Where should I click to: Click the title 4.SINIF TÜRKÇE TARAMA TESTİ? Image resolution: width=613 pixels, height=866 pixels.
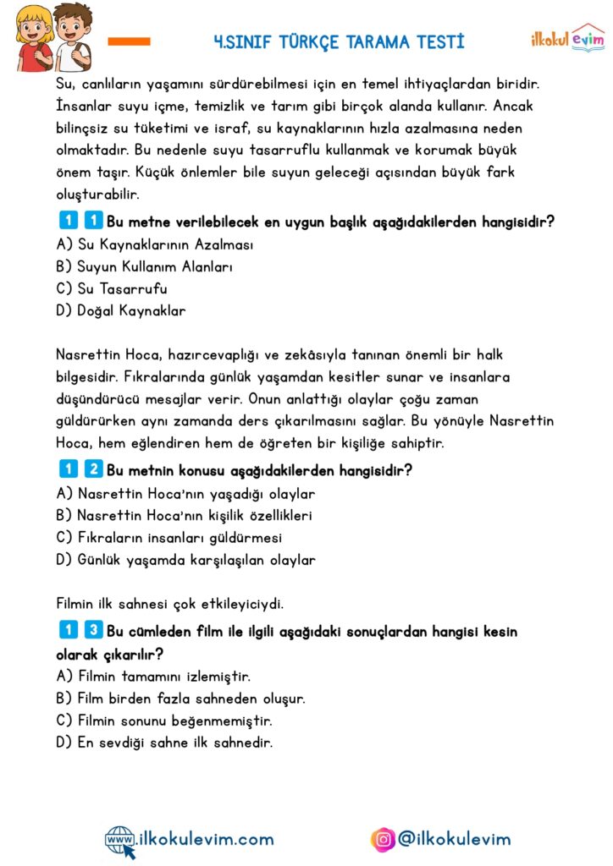click(340, 41)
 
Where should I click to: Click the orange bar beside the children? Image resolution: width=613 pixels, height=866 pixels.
click(130, 41)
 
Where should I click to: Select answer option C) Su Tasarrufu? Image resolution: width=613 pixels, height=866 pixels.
click(111, 288)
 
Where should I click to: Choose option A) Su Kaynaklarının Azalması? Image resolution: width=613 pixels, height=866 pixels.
click(155, 244)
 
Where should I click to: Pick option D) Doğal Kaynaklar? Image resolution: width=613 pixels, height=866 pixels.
click(120, 310)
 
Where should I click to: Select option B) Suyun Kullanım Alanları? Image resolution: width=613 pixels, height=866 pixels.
click(144, 266)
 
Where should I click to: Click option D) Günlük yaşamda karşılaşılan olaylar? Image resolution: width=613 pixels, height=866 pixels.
click(185, 559)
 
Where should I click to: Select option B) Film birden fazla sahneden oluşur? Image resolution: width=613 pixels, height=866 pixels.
click(180, 699)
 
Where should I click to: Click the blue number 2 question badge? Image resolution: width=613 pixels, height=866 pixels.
click(94, 469)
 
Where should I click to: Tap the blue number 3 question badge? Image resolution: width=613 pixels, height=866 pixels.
click(94, 631)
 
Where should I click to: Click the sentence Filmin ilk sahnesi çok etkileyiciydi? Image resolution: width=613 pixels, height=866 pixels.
click(169, 603)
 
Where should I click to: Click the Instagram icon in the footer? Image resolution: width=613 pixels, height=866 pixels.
click(383, 839)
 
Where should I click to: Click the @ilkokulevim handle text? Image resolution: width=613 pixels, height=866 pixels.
click(455, 839)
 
